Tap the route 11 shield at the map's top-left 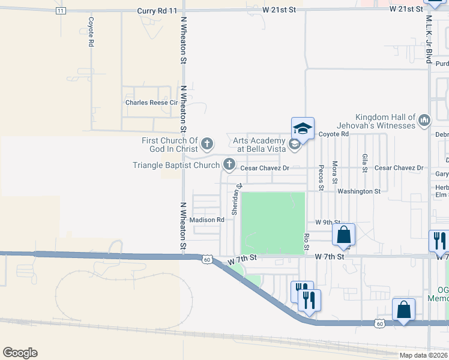tap(60, 11)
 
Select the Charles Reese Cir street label tap(152, 103)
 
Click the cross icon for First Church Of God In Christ tap(207, 143)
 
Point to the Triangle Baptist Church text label tap(176, 164)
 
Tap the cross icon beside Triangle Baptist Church tap(229, 164)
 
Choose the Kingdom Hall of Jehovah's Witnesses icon tap(425, 121)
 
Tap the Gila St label tap(365, 162)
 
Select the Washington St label tap(359, 191)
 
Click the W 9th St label tap(327, 222)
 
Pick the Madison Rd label tap(206, 220)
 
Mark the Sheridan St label tap(237, 199)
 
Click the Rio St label tap(306, 242)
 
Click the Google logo tap(20, 353)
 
